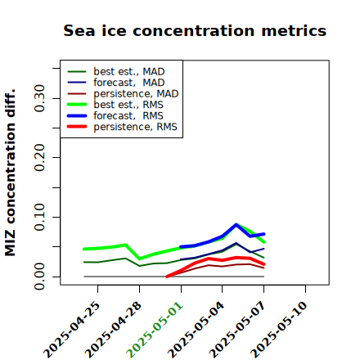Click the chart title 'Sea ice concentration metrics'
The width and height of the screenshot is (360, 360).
point(195,30)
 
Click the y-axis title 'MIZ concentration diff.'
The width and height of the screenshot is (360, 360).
point(10,173)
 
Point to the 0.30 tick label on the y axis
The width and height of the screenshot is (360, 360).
point(39,98)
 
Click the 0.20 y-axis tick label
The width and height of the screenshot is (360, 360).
point(39,157)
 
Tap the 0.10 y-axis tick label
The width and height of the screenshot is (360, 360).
point(39,217)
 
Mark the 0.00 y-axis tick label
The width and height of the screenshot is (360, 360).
point(39,277)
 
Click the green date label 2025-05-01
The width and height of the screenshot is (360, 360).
point(155,330)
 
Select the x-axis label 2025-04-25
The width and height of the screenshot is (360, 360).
point(72,330)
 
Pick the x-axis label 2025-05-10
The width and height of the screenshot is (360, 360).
point(279,330)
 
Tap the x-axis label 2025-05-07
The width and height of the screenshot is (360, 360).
point(237,330)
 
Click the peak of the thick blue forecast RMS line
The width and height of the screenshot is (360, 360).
point(236,224)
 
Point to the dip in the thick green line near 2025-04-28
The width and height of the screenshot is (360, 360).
point(140,259)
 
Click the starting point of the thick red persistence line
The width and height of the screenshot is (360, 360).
point(167,277)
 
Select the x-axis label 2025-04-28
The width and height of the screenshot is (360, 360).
point(113,330)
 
